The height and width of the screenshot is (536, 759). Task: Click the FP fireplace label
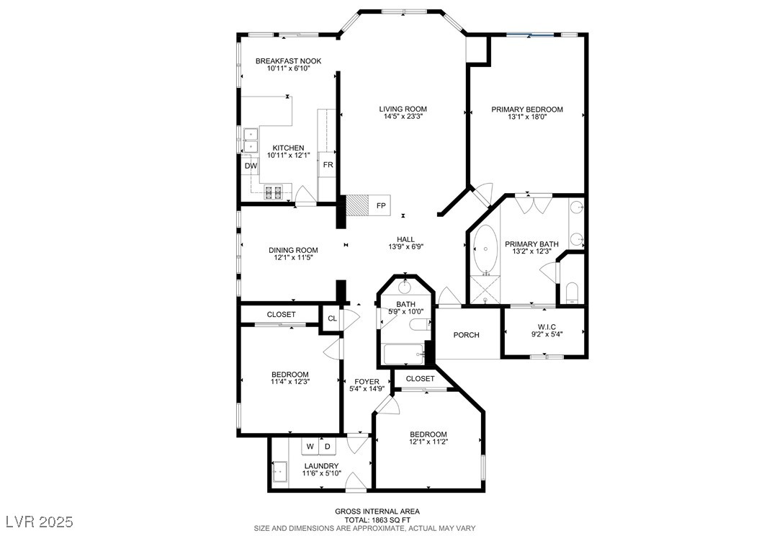pos(381,206)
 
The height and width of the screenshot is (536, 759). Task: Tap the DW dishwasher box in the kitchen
pos(251,166)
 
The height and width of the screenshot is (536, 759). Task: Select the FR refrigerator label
pos(328,165)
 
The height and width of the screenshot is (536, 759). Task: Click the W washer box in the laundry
pos(310,447)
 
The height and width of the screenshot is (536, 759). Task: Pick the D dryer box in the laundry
pos(328,447)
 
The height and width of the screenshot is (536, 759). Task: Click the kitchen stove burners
pos(274,192)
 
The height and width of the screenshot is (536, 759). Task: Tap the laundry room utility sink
pos(279,472)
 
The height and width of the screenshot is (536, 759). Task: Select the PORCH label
pos(466,335)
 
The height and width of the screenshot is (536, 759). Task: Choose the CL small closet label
pos(332,318)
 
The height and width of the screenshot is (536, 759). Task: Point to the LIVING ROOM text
pos(403,109)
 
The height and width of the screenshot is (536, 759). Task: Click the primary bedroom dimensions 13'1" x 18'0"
pos(527,117)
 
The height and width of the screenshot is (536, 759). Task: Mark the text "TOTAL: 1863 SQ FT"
pos(377,519)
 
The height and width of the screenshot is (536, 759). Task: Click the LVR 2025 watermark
pos(40,522)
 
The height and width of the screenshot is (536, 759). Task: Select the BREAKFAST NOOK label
pos(289,61)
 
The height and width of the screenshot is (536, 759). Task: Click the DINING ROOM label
pos(293,250)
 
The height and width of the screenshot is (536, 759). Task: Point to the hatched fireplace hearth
pos(356,206)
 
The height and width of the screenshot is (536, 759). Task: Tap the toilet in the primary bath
pos(572,293)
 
